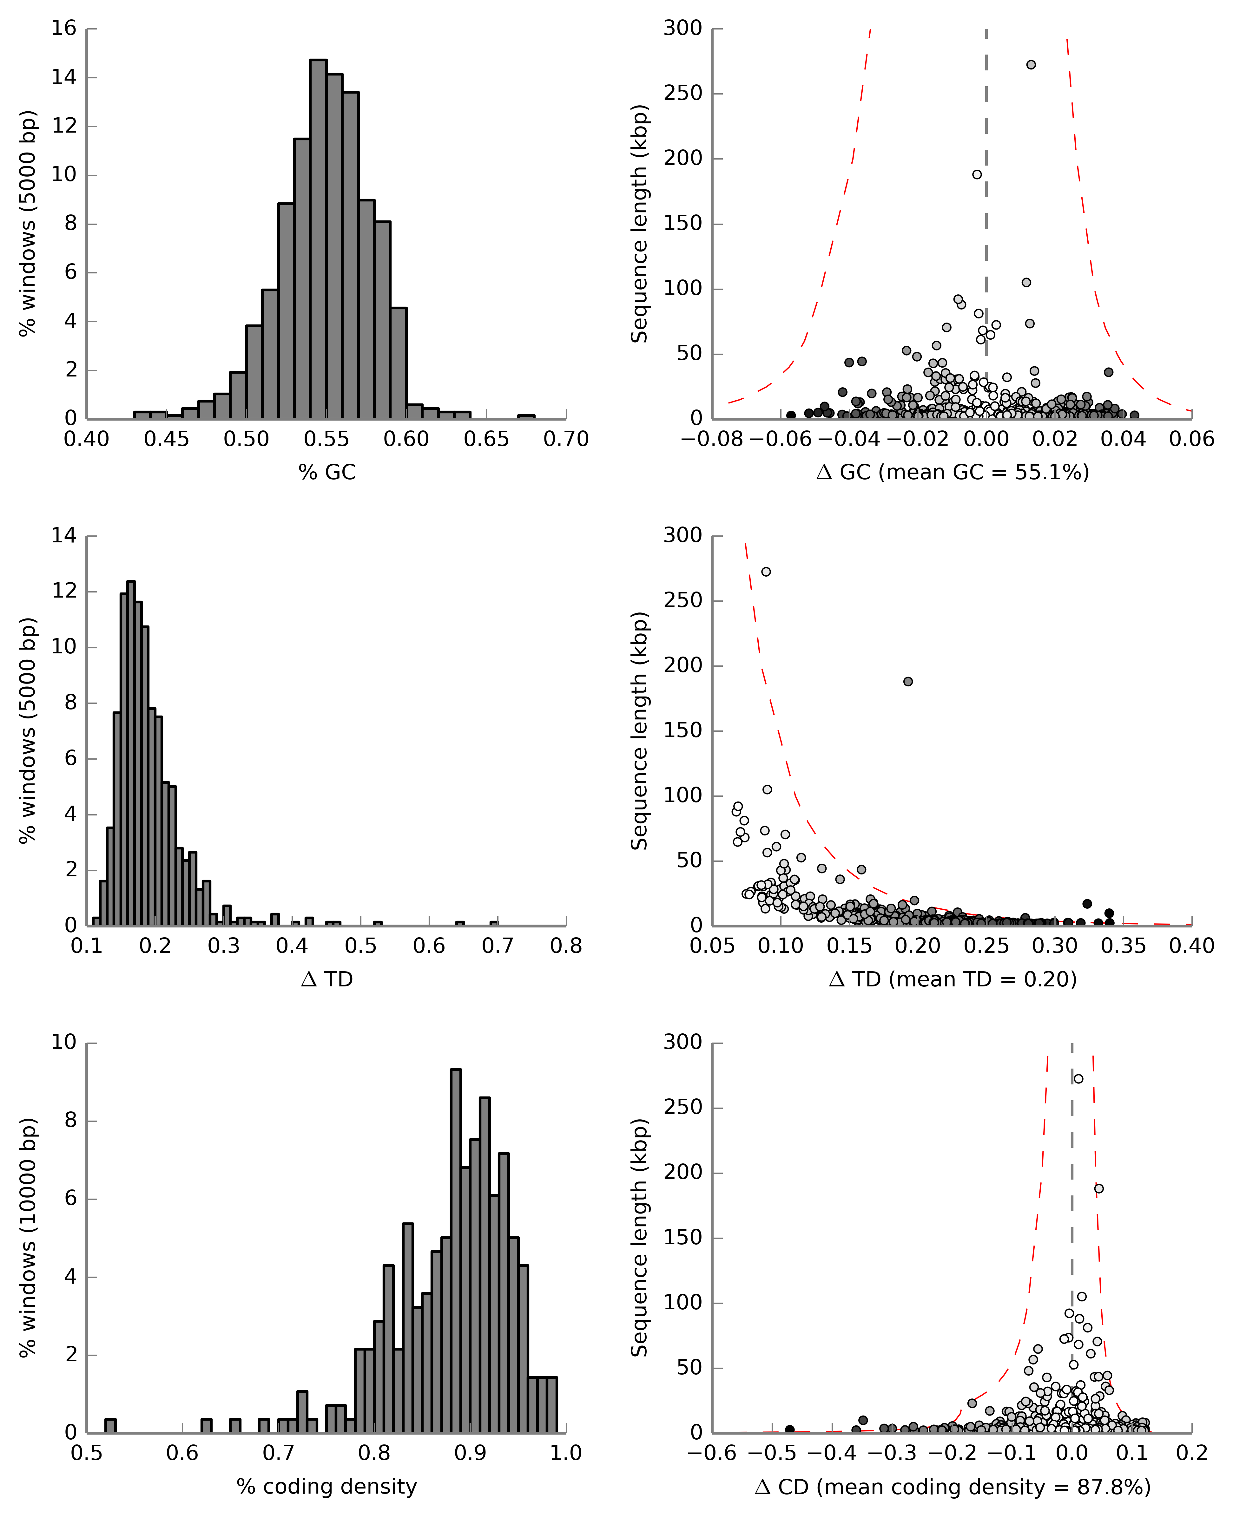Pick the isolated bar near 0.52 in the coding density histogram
(110, 1426)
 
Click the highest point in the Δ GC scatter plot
(1031, 65)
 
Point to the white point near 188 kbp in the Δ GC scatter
(977, 175)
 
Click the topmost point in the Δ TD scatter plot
(766, 572)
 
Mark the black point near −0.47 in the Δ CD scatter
(790, 1429)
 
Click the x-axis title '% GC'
(327, 472)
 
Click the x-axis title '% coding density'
(327, 1486)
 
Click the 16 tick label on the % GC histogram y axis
(64, 29)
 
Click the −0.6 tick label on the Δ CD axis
(712, 1453)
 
